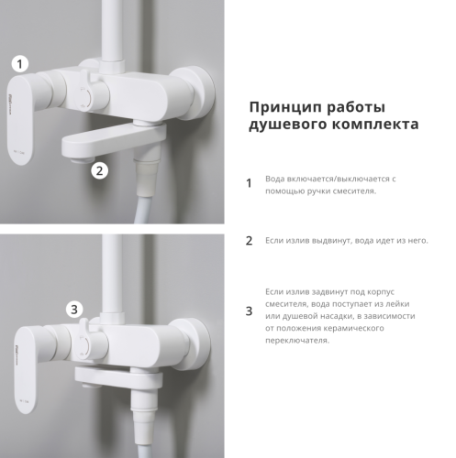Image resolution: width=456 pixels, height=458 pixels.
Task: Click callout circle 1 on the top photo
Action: (21, 64)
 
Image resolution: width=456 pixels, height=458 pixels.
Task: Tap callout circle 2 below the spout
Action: (100, 169)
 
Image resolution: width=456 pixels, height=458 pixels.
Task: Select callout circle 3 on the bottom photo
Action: (75, 309)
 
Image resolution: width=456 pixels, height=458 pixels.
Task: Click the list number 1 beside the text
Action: (248, 183)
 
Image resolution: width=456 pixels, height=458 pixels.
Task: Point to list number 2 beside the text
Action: (248, 241)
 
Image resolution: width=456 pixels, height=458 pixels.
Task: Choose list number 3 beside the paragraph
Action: (248, 311)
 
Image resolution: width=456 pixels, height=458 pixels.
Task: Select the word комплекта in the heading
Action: (373, 125)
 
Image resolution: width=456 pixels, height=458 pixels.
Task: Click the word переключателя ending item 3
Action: (296, 341)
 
